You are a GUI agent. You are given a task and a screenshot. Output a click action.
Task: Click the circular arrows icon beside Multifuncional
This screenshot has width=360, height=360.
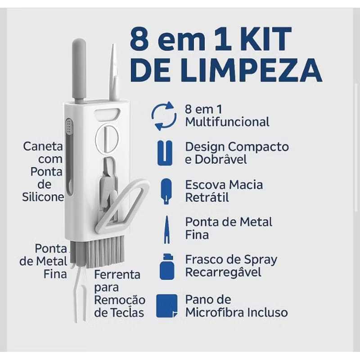[x=164, y=116]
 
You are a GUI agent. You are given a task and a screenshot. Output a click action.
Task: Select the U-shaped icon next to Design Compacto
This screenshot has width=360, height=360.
[x=165, y=153]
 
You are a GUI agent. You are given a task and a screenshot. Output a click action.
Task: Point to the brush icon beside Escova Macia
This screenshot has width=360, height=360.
[x=166, y=191]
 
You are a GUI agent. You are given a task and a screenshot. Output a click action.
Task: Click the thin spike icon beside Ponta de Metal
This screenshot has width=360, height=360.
[x=167, y=229]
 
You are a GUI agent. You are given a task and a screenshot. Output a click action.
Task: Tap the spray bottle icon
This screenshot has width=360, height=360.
[x=167, y=267]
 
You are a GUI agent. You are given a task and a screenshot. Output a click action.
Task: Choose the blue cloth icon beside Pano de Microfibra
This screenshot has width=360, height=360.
[x=167, y=306]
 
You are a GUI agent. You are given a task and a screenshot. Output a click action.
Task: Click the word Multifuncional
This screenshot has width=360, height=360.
[x=227, y=121]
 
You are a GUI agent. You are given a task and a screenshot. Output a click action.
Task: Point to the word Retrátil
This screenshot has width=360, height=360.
[x=207, y=197]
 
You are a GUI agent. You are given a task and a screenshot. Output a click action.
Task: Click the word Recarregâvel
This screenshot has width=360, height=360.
[x=223, y=272]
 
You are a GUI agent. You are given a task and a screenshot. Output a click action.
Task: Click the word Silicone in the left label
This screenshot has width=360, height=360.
[x=43, y=197]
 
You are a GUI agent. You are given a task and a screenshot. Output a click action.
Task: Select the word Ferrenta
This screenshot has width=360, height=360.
[x=117, y=274]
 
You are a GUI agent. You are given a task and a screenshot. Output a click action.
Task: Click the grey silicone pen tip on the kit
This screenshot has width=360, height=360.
[x=79, y=69]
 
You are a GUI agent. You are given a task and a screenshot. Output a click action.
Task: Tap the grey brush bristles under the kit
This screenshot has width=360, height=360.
[x=98, y=252]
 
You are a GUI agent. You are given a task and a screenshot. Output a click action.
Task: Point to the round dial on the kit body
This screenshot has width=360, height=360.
[x=107, y=139]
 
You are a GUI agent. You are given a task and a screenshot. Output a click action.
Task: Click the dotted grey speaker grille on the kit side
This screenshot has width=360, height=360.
[x=69, y=126]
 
